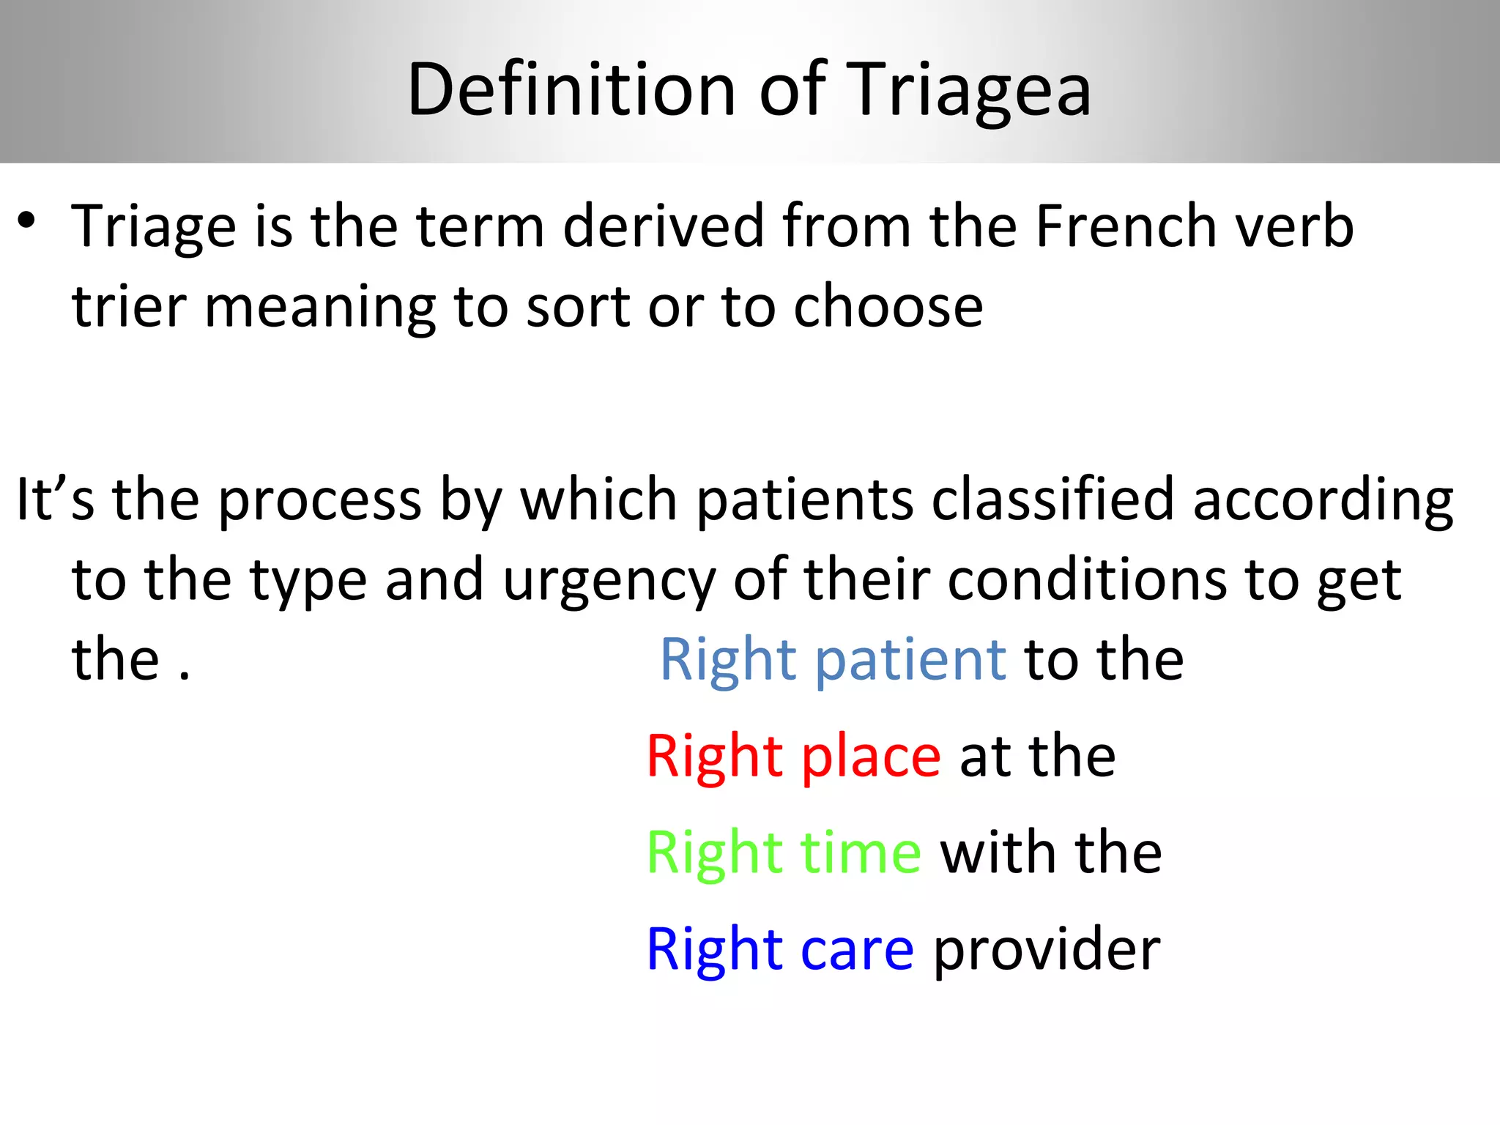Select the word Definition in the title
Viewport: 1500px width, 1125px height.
click(571, 89)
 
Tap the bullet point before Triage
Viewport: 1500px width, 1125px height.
click(27, 220)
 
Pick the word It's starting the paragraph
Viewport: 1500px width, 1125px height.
click(55, 500)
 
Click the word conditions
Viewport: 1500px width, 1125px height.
click(1087, 580)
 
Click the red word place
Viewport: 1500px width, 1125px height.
click(871, 757)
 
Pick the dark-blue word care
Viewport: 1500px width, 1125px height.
click(857, 950)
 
